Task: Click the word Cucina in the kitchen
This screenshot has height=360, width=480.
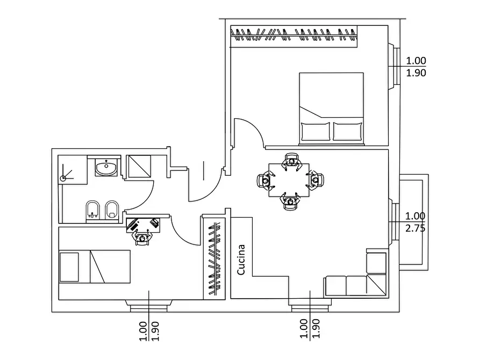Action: pos(241,260)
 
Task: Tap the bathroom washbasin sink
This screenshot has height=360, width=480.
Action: pos(106,168)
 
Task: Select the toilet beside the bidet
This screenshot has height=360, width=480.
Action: pos(93,210)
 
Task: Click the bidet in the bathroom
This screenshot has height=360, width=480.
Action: pos(112,210)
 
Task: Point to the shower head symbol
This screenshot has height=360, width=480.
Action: pos(63,178)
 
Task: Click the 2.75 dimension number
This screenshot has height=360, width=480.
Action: pos(415,228)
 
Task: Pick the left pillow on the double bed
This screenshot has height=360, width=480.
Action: pos(316,131)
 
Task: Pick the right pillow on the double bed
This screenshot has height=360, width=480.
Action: pos(347,131)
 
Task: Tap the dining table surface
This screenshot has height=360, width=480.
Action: pos(289,180)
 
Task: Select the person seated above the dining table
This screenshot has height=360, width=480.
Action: pos(291,161)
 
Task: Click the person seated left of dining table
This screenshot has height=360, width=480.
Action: pos(265,181)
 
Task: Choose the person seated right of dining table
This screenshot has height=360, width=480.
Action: pos(316,181)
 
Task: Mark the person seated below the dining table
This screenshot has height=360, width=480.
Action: pos(290,201)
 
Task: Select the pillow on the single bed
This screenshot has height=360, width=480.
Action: pos(69,267)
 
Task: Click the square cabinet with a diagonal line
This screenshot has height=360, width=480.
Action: pos(139,166)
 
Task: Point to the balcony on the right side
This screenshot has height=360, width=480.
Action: pos(413,222)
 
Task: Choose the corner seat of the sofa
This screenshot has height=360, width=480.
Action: pos(376,285)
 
